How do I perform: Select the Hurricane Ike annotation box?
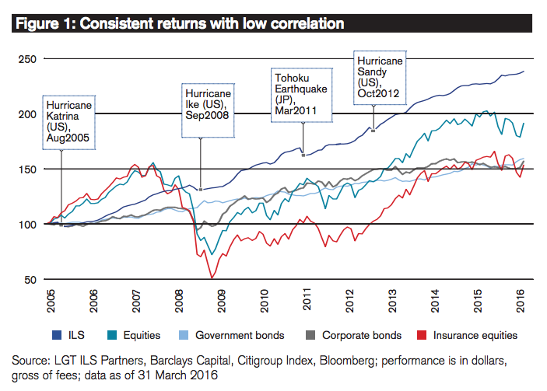point(208,110)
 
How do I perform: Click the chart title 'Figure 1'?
point(46,24)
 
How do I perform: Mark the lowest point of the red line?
point(212,278)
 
